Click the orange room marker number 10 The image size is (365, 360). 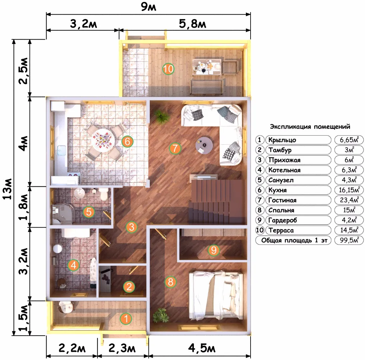point(168,69)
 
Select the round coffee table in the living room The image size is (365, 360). point(204,145)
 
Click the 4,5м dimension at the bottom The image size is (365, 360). point(202,348)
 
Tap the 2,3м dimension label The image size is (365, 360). point(122,348)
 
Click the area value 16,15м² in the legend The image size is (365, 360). point(349,190)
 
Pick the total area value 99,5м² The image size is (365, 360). point(349,240)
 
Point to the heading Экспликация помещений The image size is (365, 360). point(310,127)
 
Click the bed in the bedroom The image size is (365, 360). point(216,295)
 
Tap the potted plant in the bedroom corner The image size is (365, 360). point(160,315)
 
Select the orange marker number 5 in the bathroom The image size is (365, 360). point(89,212)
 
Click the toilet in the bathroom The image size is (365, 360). point(103,194)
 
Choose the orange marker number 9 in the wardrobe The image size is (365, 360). point(214,250)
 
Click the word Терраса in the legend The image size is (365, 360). point(281,230)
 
